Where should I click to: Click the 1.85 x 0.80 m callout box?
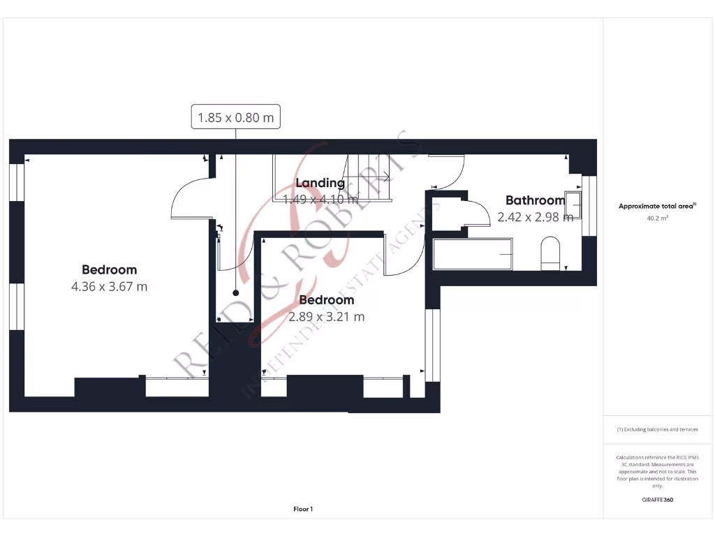pos(235,117)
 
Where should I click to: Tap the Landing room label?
pos(320,183)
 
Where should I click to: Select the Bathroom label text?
pos(535,200)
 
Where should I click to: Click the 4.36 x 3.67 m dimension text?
pos(109,286)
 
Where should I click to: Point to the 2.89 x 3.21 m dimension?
pos(327,316)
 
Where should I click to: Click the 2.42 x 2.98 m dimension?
pos(535,217)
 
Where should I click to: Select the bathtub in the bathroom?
pos(473,254)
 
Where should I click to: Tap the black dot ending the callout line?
pos(235,293)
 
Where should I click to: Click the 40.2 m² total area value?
pos(657,218)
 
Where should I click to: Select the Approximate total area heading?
pos(657,206)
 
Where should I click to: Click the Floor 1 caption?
pos(303,509)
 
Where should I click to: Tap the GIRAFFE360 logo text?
pos(657,500)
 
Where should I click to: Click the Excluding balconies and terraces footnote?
pos(657,429)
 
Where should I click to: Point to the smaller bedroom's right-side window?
pos(433,345)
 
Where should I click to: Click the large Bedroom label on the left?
pos(109,269)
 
